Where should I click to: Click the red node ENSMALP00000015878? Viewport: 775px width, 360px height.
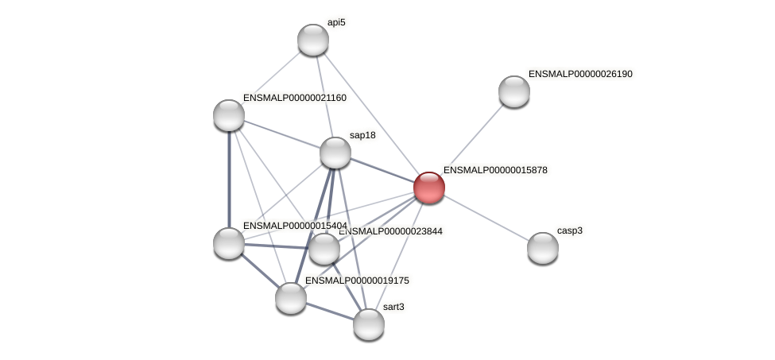(x=429, y=188)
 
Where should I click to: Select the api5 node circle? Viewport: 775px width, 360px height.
(x=313, y=40)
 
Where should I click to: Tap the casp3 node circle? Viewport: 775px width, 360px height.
(x=543, y=248)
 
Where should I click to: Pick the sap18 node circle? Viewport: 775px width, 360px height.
(x=335, y=153)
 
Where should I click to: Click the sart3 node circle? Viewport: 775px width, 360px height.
(x=369, y=323)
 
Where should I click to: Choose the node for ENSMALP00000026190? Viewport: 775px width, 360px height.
(x=514, y=91)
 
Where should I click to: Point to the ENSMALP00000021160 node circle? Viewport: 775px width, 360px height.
(x=229, y=115)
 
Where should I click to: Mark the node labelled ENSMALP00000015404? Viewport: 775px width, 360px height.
(x=229, y=243)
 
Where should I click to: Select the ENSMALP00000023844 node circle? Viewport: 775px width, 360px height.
(x=324, y=249)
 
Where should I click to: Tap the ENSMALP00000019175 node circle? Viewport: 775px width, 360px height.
(x=291, y=298)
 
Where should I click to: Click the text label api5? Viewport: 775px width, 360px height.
(x=336, y=23)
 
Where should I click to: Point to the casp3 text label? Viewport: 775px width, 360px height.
(x=569, y=231)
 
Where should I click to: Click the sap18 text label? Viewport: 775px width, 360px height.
(x=362, y=136)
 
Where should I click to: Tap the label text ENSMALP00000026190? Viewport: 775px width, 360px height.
(x=580, y=74)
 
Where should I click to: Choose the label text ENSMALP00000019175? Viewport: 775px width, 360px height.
(x=358, y=281)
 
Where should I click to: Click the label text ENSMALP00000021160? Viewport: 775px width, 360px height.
(x=295, y=98)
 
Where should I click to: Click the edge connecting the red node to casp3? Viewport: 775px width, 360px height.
(x=486, y=218)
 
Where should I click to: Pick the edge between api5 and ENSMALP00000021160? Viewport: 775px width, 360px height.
(x=271, y=78)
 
